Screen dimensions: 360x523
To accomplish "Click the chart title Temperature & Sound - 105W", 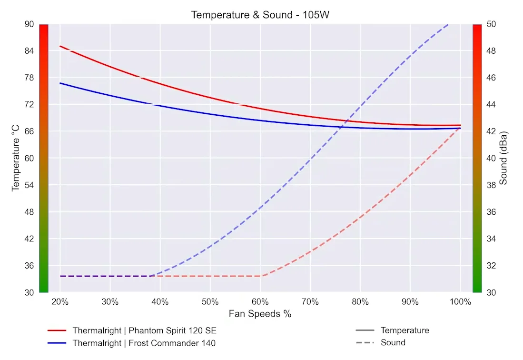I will (x=260, y=15).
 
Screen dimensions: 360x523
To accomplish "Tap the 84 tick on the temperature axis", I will (x=29, y=50).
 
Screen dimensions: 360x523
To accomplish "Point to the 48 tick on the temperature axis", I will (x=29, y=211).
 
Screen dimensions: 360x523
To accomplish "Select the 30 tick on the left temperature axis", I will (x=29, y=292).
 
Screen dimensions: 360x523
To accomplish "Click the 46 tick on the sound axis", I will (x=490, y=77).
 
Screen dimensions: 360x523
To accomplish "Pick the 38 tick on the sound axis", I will (x=490, y=185).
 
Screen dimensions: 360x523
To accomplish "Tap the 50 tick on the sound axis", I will (x=490, y=24).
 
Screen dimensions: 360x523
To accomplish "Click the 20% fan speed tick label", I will (x=60, y=302).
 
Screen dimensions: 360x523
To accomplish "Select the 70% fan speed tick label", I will (x=310, y=302).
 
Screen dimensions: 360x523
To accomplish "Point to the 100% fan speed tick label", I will (x=460, y=302).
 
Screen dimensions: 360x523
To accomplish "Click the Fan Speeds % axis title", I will (x=260, y=314).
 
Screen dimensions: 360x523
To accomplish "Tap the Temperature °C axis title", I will (x=16, y=158).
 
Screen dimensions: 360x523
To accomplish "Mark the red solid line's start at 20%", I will (x=60, y=46).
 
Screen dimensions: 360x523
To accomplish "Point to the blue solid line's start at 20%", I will (x=60, y=83).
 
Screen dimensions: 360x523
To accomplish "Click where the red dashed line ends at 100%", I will (x=460, y=128).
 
